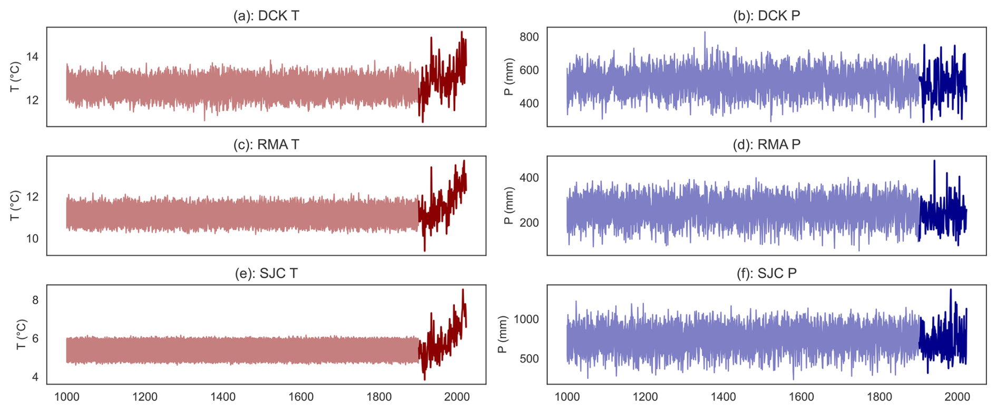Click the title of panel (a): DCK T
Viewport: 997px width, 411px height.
pos(266,16)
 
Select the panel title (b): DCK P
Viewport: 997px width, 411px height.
pos(766,16)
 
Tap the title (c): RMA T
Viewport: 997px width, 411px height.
pos(266,145)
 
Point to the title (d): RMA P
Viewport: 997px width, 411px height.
pos(766,145)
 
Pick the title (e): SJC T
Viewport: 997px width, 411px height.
pos(266,273)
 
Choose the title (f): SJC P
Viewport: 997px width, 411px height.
pos(766,273)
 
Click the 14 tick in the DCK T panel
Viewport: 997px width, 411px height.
pos(32,57)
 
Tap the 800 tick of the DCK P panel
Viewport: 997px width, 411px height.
pos(529,37)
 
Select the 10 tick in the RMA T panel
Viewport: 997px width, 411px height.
pos(32,239)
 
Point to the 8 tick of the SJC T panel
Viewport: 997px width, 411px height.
pos(35,300)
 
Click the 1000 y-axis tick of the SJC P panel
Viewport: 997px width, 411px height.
pos(526,319)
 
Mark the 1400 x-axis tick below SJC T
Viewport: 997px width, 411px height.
pos(223,397)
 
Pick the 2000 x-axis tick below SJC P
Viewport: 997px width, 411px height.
pos(957,397)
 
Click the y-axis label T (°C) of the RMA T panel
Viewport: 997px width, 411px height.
pos(15,205)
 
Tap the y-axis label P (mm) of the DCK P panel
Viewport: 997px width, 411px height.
pos(509,77)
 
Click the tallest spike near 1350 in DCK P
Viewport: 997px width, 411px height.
pos(705,33)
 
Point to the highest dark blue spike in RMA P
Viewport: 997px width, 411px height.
pos(934,161)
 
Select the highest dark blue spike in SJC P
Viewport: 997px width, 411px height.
pos(951,290)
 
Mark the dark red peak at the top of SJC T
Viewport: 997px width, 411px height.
pos(463,290)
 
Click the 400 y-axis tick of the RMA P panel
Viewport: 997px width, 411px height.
pos(529,178)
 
